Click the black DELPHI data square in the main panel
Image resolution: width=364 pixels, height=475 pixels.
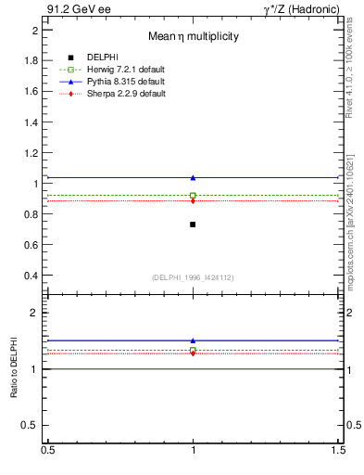tap(193, 225)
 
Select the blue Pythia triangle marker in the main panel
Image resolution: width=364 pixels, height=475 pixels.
tap(193, 177)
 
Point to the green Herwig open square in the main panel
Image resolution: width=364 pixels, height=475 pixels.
tap(193, 195)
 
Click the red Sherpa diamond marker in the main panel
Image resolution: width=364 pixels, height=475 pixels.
tap(193, 200)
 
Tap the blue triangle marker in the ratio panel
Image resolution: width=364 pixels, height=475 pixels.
tap(193, 340)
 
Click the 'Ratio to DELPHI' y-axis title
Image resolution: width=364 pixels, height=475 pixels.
tap(15, 369)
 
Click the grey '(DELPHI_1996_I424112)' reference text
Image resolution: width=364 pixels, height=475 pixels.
tap(192, 277)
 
